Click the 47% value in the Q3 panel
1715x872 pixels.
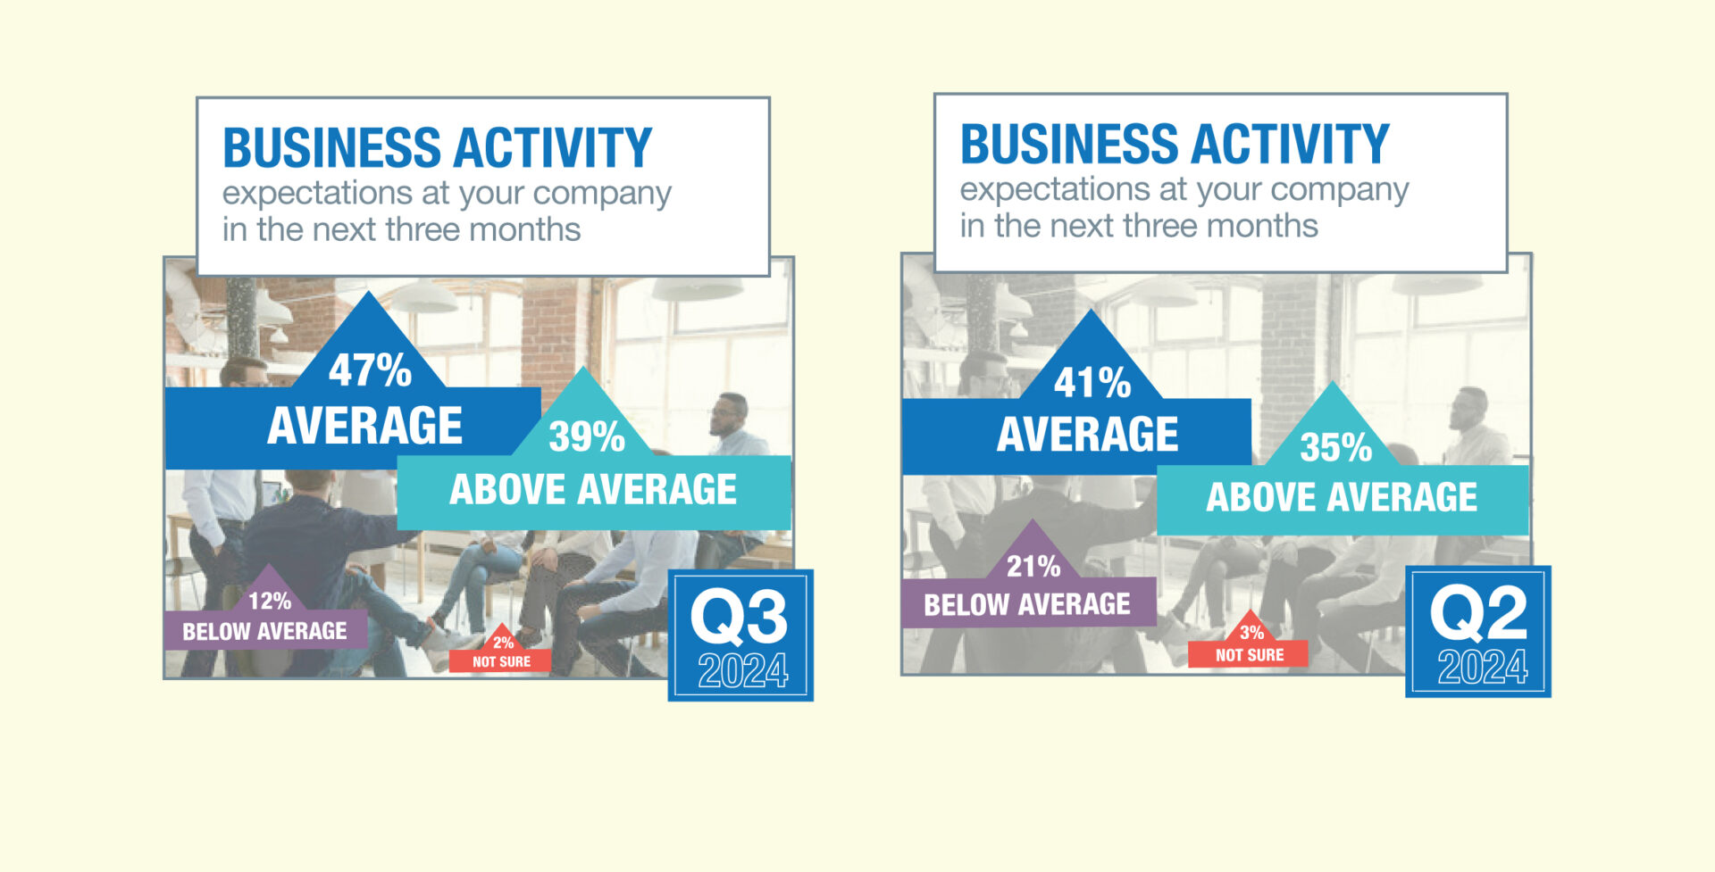point(370,370)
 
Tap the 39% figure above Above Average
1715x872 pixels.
point(587,436)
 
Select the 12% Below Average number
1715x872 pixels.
point(270,602)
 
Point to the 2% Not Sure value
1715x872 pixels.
point(504,643)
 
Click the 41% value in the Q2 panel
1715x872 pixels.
point(1092,383)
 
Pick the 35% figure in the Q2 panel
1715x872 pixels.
point(1335,447)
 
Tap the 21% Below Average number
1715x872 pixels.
point(1033,566)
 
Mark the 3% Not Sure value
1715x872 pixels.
point(1251,633)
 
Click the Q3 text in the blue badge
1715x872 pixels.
point(740,617)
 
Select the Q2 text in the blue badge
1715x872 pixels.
point(1478,612)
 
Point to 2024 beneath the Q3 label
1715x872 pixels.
point(742,671)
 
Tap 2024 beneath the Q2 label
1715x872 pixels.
point(1482,667)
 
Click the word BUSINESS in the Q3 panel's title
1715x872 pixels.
point(331,148)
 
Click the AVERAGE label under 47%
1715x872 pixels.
point(365,426)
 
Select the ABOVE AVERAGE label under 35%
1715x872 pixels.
point(1342,497)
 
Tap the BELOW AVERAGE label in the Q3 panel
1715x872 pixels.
point(264,632)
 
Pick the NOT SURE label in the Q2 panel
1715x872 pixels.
point(1250,655)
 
